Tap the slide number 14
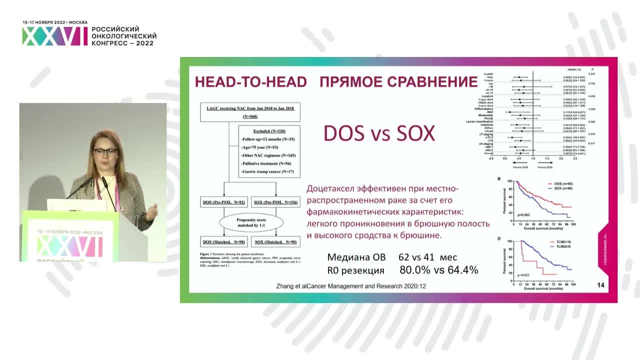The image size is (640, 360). (x=600, y=285)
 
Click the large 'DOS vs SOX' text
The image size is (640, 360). (x=379, y=133)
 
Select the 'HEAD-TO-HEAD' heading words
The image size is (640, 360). (x=250, y=81)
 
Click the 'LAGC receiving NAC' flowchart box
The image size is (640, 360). (x=250, y=112)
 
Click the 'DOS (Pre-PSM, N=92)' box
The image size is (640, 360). (x=223, y=202)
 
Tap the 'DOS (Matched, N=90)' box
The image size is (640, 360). (x=223, y=242)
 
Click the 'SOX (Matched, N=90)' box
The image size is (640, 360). (x=276, y=242)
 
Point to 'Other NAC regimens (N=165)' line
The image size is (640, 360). (x=268, y=155)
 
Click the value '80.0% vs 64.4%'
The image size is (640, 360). (x=439, y=270)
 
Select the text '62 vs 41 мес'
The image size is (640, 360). (x=427, y=257)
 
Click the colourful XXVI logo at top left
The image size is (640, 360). (x=54, y=36)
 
